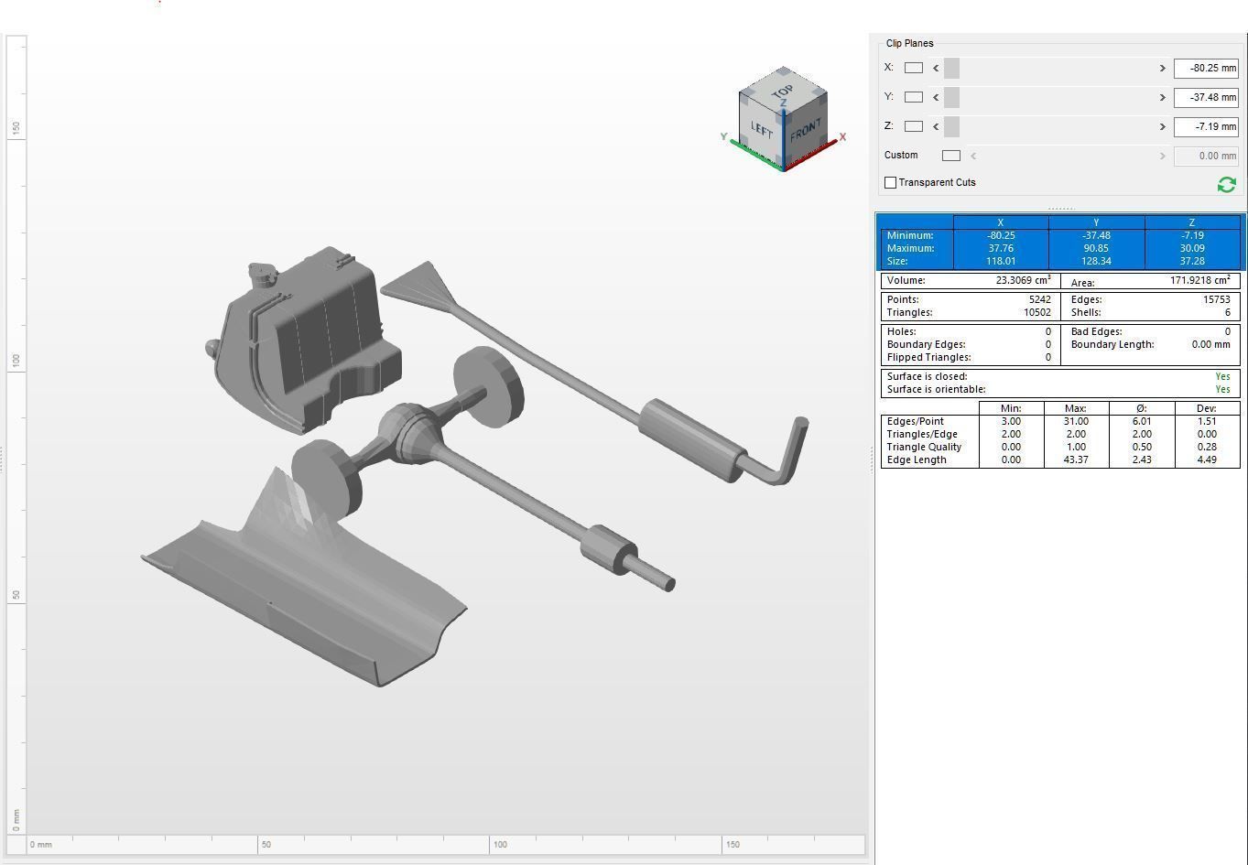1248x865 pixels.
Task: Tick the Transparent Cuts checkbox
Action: tap(890, 183)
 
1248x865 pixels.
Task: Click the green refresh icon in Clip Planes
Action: tap(1226, 185)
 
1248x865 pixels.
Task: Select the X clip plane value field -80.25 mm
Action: tap(1205, 68)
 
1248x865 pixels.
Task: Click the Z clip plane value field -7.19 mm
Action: tap(1205, 126)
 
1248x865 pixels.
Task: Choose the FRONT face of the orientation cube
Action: tap(806, 131)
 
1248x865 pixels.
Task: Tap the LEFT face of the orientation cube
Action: tap(762, 129)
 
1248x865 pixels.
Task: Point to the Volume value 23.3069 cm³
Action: tap(1022, 281)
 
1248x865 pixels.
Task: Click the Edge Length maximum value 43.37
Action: tap(1076, 460)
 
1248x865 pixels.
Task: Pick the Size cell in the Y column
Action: tap(1096, 261)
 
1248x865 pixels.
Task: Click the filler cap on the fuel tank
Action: tap(261, 272)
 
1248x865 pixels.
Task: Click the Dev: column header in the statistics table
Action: tap(1206, 408)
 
